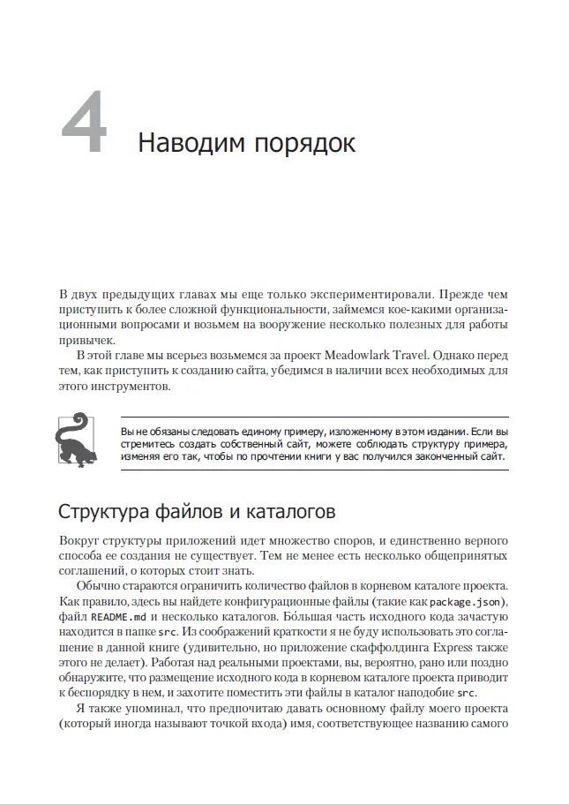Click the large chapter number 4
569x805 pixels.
point(86,130)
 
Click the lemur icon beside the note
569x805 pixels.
point(75,439)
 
